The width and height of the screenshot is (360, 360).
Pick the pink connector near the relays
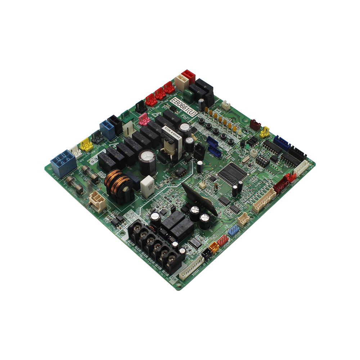pyautogui.click(x=144, y=118)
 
